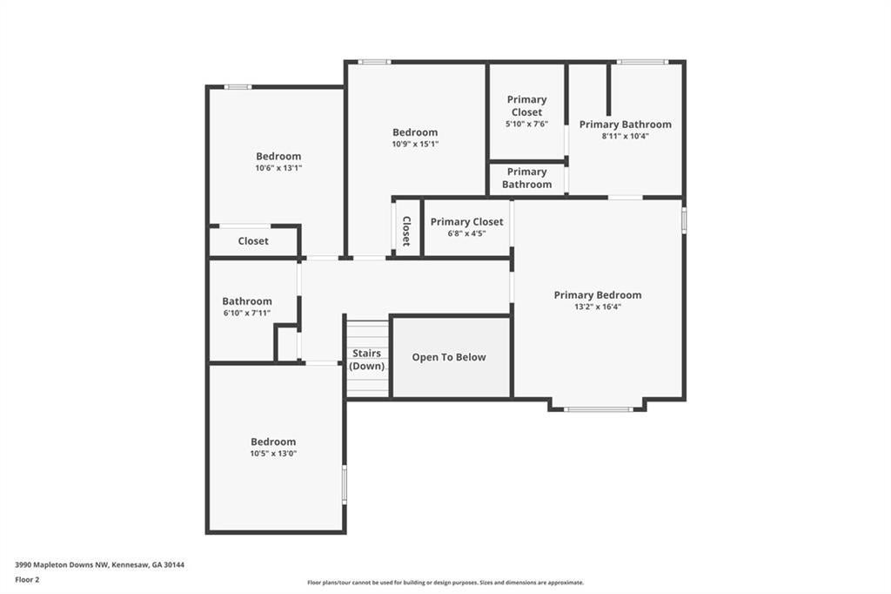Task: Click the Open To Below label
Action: click(x=449, y=357)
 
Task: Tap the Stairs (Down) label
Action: click(x=366, y=360)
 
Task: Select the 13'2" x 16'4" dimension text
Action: click(x=598, y=307)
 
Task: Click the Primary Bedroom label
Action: click(x=598, y=294)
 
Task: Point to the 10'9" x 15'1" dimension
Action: click(x=415, y=144)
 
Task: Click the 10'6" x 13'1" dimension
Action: click(x=278, y=168)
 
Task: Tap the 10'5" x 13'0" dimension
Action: click(x=273, y=454)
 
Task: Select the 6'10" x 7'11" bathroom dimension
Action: click(x=246, y=313)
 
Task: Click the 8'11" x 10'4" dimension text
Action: click(x=625, y=136)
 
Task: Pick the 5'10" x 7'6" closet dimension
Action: click(x=526, y=124)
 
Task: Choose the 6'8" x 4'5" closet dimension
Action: click(x=466, y=233)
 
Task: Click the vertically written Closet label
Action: click(x=406, y=231)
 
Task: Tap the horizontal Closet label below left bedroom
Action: click(x=253, y=241)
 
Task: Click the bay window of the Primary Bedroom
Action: click(x=598, y=409)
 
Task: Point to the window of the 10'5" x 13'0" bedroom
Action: click(x=344, y=485)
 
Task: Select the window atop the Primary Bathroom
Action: click(x=642, y=62)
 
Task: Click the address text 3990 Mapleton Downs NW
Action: click(x=62, y=565)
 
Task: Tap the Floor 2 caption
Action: click(x=27, y=580)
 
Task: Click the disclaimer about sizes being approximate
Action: click(x=445, y=583)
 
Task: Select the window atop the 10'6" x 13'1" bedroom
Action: click(x=238, y=87)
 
